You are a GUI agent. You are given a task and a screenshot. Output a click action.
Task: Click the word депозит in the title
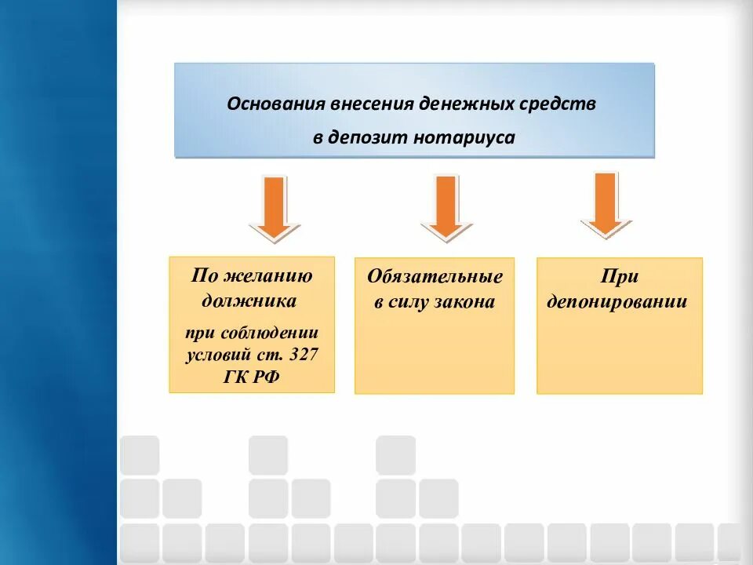365,137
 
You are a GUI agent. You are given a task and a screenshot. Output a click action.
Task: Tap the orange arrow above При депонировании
605,204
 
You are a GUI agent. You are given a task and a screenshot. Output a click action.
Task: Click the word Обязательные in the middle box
435,278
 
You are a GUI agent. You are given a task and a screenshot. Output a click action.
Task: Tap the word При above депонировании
620,277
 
